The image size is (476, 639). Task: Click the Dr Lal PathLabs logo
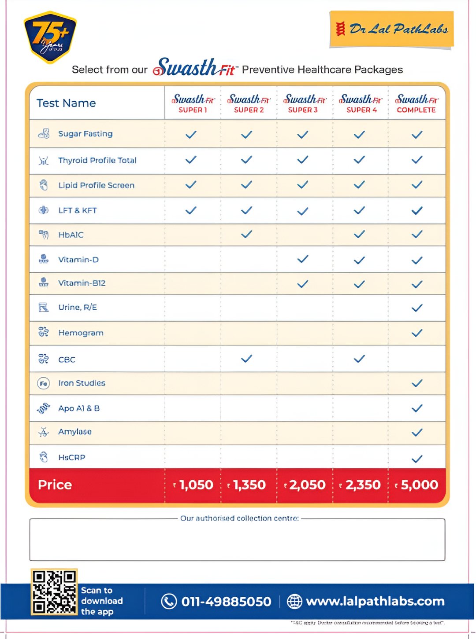(x=391, y=29)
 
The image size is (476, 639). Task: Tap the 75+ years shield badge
(x=50, y=37)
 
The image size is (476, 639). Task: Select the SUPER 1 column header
(x=193, y=103)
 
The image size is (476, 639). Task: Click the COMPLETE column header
(x=416, y=103)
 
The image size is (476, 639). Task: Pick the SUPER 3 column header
(x=304, y=103)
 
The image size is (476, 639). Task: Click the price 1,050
(x=193, y=485)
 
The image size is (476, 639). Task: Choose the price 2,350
(x=360, y=485)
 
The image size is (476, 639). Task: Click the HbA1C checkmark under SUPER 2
(x=247, y=234)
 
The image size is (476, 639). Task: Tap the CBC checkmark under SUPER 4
(x=359, y=359)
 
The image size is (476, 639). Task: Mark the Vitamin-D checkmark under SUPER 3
(x=303, y=259)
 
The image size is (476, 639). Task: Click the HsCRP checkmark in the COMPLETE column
(x=416, y=459)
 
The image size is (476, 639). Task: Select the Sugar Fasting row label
(x=85, y=134)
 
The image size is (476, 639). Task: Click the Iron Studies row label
(x=82, y=383)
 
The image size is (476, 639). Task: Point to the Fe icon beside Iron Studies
(x=43, y=383)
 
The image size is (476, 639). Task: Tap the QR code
(x=54, y=592)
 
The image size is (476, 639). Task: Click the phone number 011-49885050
(x=226, y=602)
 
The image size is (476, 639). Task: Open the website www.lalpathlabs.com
(x=375, y=602)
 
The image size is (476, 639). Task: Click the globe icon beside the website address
(x=294, y=601)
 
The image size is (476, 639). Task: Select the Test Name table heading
(x=66, y=103)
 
